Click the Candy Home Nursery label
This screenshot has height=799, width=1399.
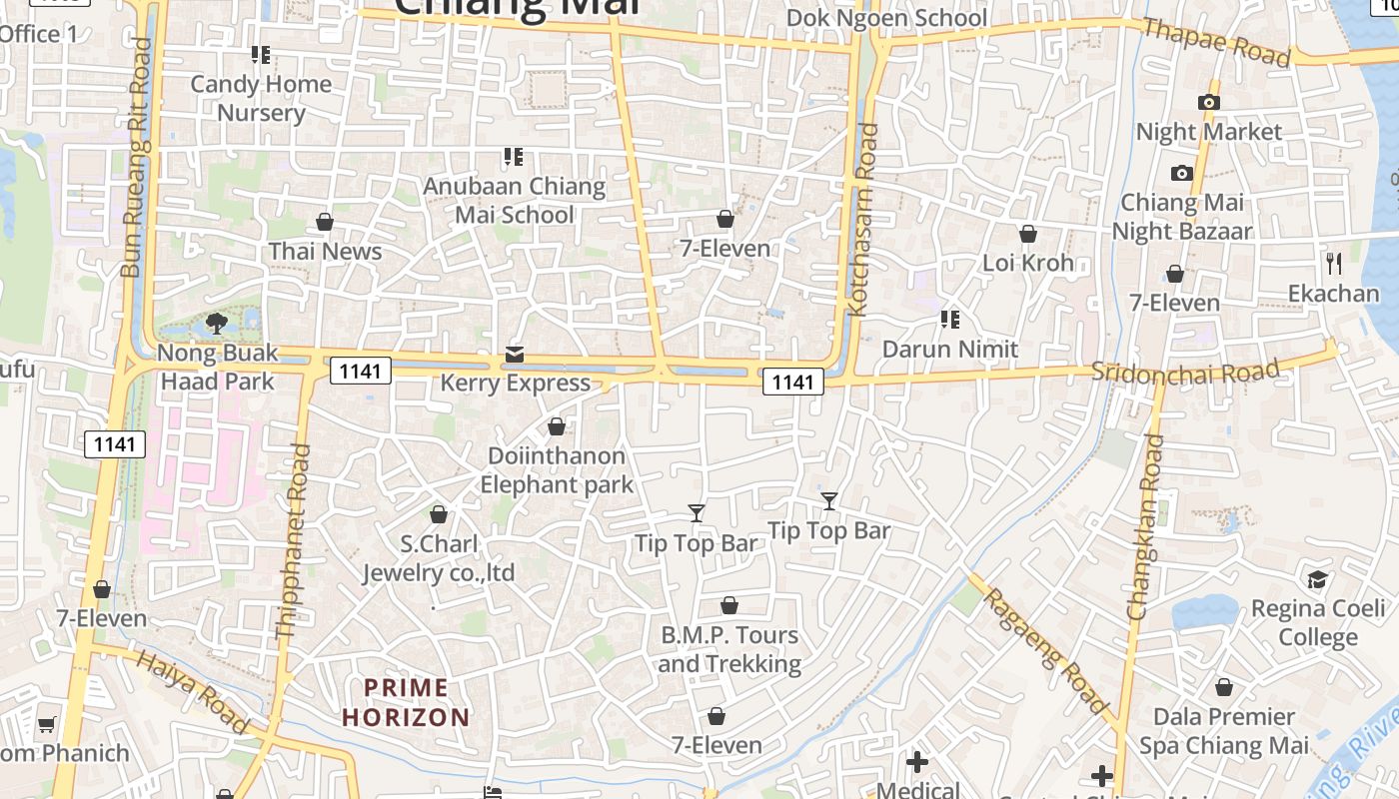(x=261, y=98)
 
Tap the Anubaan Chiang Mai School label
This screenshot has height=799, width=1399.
(x=515, y=200)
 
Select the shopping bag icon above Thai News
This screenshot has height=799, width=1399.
(x=325, y=222)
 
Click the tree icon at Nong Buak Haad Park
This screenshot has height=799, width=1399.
(x=217, y=323)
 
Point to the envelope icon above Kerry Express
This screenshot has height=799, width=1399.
(x=515, y=355)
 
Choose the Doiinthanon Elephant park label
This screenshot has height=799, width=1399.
(x=557, y=470)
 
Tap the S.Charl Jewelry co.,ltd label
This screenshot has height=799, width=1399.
(x=439, y=558)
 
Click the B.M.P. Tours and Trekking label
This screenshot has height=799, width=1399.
(x=729, y=649)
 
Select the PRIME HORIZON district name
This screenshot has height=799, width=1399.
(x=406, y=702)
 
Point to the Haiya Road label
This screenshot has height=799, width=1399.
(x=192, y=690)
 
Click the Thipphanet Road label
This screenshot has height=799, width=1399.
(x=293, y=540)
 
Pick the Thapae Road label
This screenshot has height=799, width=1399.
(x=1216, y=42)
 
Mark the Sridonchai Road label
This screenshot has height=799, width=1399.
(x=1185, y=371)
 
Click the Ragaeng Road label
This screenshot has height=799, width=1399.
(x=1046, y=651)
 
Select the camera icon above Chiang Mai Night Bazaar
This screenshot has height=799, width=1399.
(x=1182, y=174)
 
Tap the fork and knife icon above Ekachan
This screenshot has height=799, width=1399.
(x=1334, y=263)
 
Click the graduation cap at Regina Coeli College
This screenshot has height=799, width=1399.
(x=1318, y=579)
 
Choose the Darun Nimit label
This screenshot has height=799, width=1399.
(x=950, y=350)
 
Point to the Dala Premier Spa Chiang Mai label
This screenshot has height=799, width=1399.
(x=1224, y=731)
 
